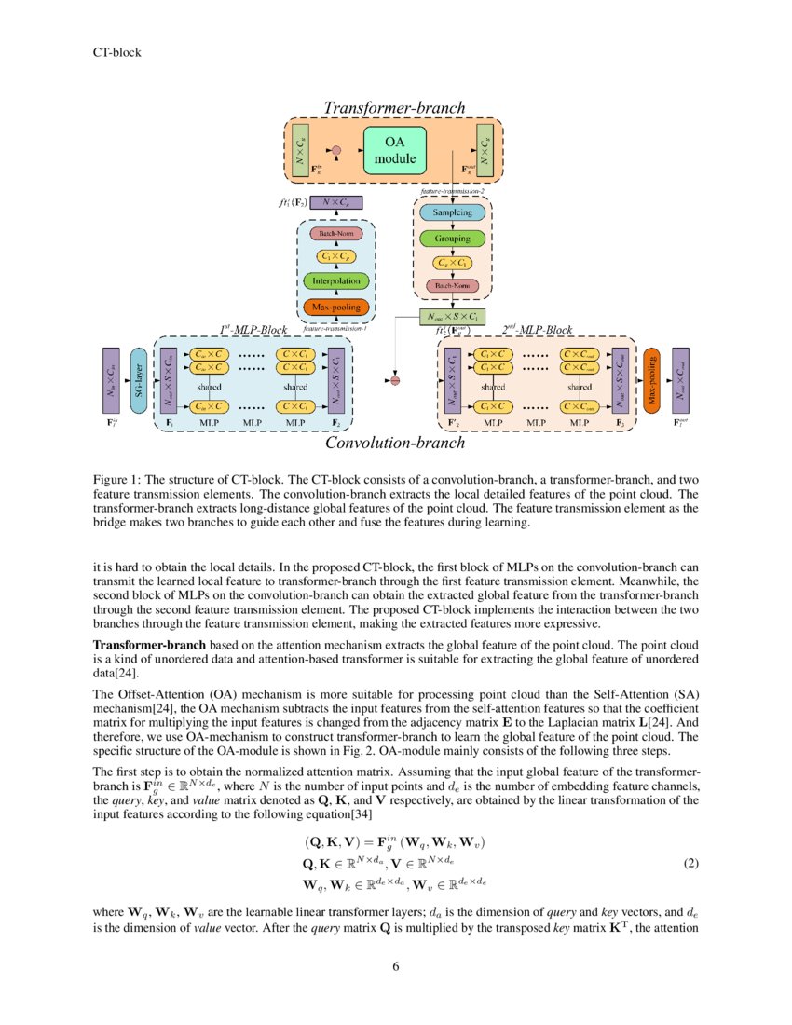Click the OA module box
[x=393, y=151]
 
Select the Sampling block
[x=452, y=212]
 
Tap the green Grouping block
[x=452, y=239]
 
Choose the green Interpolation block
[x=335, y=280]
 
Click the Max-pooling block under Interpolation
[x=335, y=307]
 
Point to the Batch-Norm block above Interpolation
[x=335, y=233]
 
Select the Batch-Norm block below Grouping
[x=452, y=285]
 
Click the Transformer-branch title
[x=393, y=109]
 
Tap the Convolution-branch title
[x=395, y=443]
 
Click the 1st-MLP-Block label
[x=253, y=329]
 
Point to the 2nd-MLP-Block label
[x=537, y=329]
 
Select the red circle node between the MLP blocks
[x=395, y=380]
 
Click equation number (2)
[x=690, y=863]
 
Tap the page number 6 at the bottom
[x=395, y=965]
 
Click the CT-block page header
[x=116, y=52]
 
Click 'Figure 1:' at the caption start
[x=119, y=479]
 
